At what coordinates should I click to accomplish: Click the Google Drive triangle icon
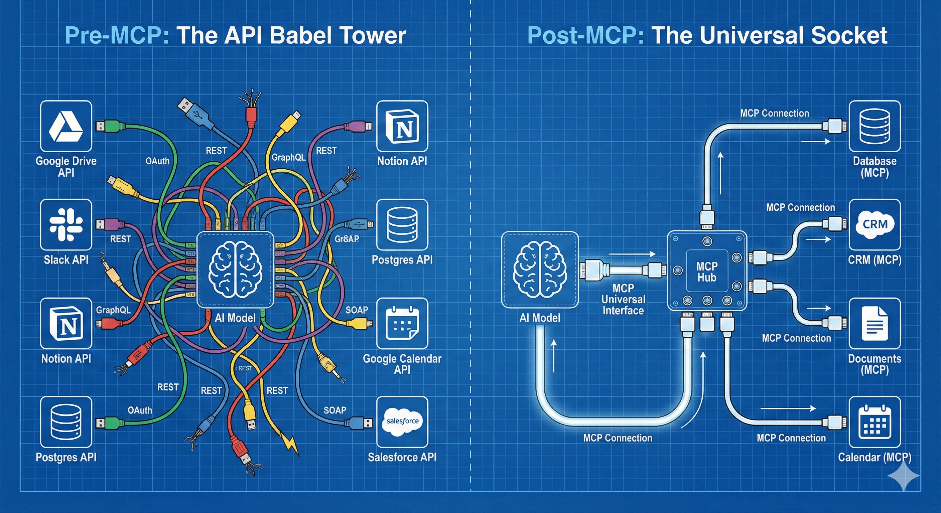[x=66, y=126]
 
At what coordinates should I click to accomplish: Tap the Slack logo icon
[x=66, y=224]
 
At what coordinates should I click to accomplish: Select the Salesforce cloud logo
[x=402, y=422]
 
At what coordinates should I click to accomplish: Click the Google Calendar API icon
[x=402, y=324]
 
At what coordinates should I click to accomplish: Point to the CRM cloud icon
[x=875, y=224]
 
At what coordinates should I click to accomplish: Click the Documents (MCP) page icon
[x=875, y=324]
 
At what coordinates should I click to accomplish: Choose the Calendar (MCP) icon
[x=875, y=422]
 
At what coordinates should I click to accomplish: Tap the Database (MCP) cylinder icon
[x=875, y=126]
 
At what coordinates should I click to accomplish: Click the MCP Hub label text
[x=707, y=272]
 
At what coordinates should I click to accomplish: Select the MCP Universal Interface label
[x=623, y=299]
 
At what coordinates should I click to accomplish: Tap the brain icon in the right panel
[x=540, y=270]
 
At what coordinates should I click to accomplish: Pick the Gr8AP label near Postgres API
[x=347, y=239]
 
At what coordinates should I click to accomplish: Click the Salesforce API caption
[x=402, y=457]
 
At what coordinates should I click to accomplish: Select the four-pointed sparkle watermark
[x=903, y=476]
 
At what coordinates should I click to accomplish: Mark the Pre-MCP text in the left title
[x=117, y=35]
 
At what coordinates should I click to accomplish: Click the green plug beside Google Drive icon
[x=106, y=126]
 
